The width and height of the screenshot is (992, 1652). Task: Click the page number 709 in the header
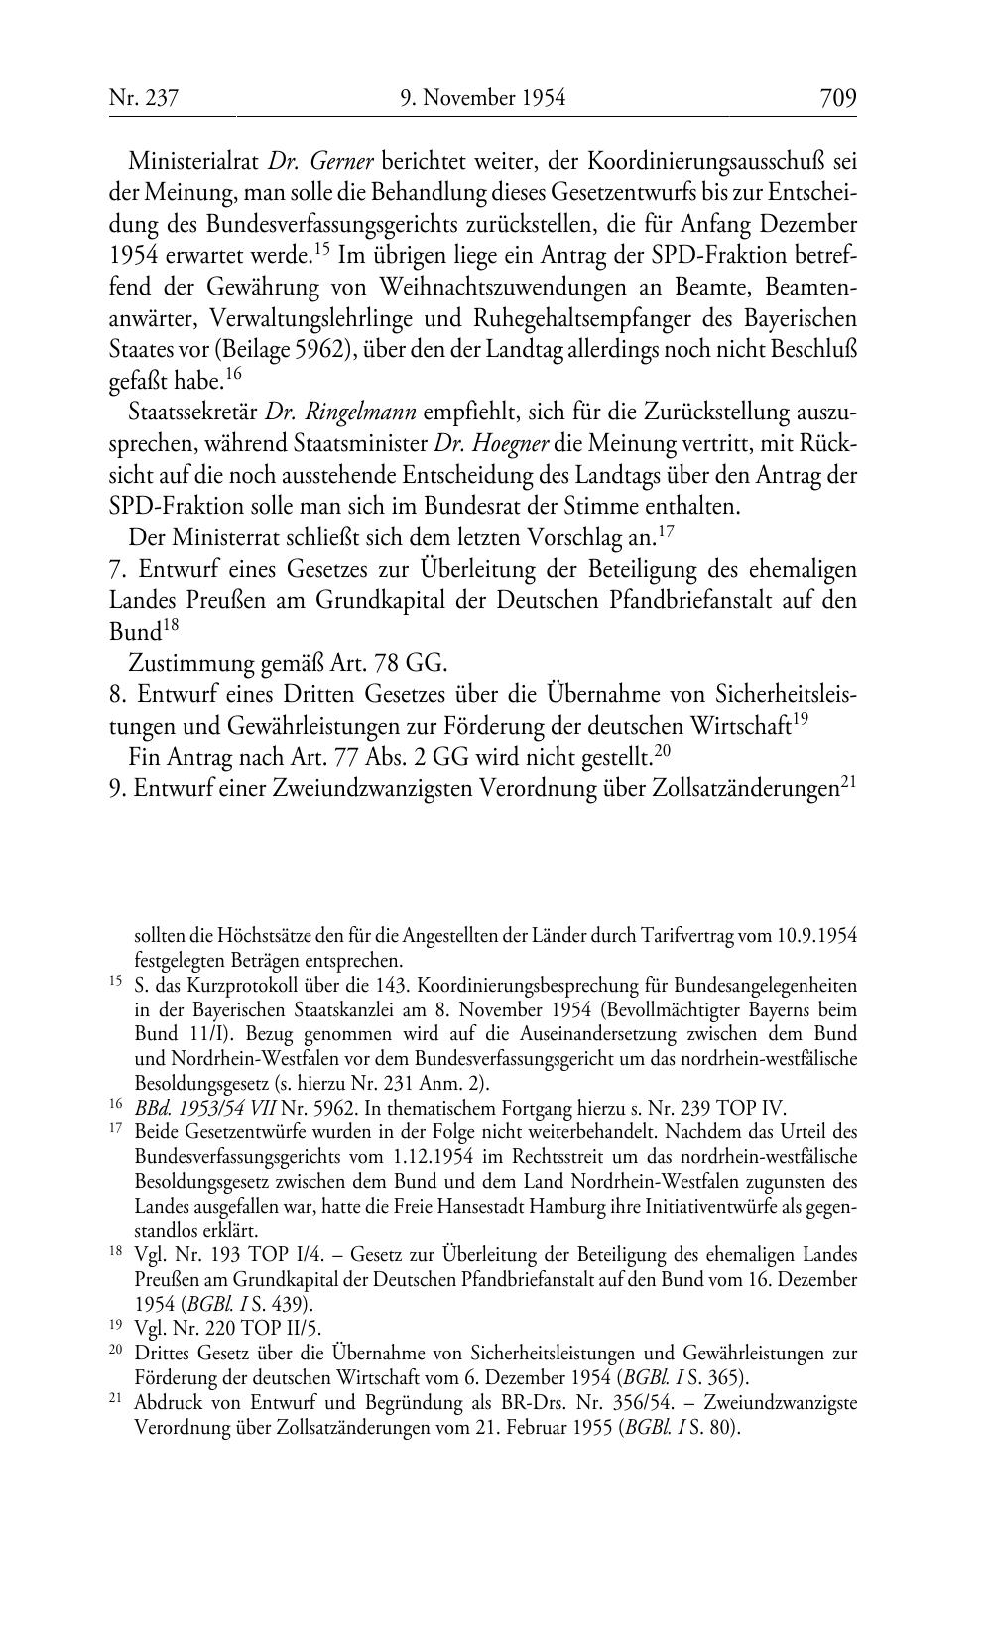coord(837,98)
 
